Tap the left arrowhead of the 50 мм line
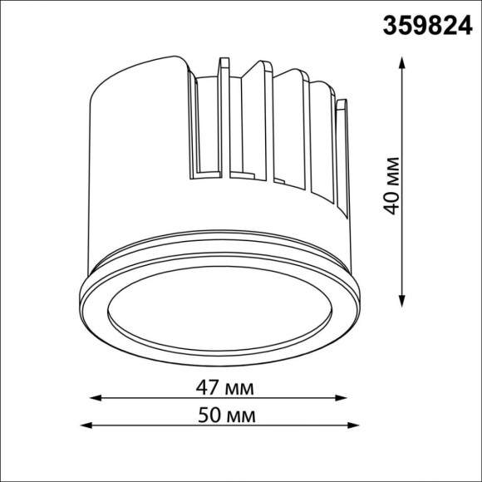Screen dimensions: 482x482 (x=86, y=426)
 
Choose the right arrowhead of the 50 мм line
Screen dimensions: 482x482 (x=362, y=426)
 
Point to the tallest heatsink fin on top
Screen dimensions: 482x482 (x=223, y=116)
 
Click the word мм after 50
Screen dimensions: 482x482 (x=242, y=414)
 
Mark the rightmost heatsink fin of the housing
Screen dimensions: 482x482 (x=342, y=158)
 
